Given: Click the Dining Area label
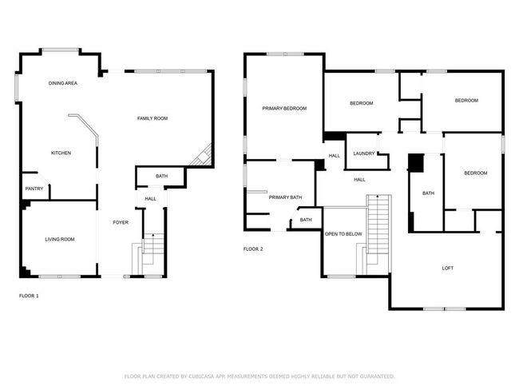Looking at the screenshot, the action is click(63, 83).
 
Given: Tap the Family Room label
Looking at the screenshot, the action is click(153, 118).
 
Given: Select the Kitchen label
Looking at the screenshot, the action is click(61, 153).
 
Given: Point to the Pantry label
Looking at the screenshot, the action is click(34, 189).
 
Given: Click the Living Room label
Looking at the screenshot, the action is click(60, 239).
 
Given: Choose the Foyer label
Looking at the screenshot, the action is click(121, 222).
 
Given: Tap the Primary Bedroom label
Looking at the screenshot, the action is click(284, 109).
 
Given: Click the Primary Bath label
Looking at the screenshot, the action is click(285, 197).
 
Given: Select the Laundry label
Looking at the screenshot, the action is click(364, 153).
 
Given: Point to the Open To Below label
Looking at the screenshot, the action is click(343, 234).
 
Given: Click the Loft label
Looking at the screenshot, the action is click(447, 269).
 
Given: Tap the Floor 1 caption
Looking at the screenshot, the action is click(29, 296).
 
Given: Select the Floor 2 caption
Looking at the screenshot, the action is click(253, 249).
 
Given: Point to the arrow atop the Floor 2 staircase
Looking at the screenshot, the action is click(378, 197).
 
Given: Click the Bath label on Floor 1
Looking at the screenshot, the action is click(162, 177).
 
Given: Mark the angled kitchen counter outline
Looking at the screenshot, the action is click(87, 127).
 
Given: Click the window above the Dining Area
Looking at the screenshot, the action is click(60, 50).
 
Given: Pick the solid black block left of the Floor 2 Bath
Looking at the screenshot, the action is click(416, 163).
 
